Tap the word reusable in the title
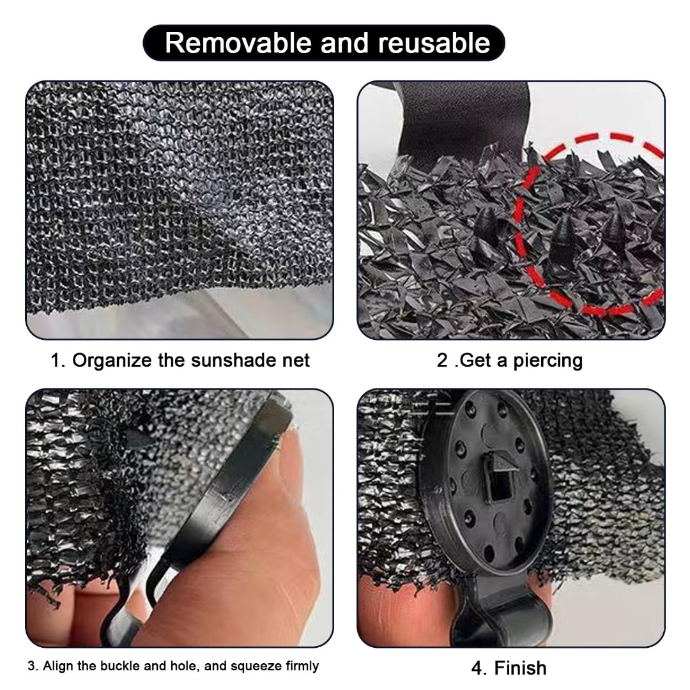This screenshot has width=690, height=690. click(x=434, y=43)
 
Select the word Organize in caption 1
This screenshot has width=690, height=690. click(x=112, y=360)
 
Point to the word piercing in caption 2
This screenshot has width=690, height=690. click(x=548, y=361)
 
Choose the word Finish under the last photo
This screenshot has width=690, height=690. click(x=521, y=668)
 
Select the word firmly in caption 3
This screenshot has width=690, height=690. click(x=302, y=666)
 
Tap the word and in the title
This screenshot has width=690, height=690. click(x=344, y=43)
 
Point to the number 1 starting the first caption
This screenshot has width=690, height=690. click(x=55, y=360)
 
